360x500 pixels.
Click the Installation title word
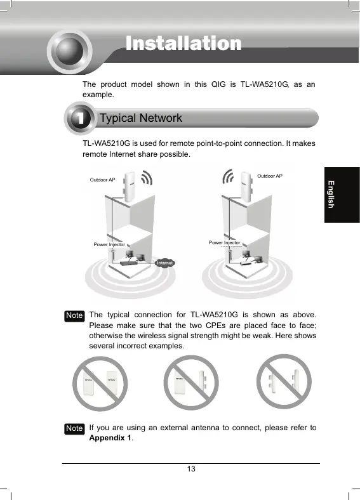click(183, 43)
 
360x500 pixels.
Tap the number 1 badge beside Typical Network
click(80, 118)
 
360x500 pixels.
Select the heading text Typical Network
click(141, 118)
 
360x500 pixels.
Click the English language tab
click(342, 195)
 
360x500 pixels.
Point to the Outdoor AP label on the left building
click(102, 180)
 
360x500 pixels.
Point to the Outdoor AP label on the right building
click(270, 176)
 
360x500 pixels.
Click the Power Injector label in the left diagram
click(109, 244)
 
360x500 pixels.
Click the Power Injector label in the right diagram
click(224, 242)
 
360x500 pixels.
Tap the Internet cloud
click(164, 263)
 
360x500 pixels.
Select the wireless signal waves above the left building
click(147, 177)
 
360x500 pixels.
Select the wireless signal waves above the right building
click(228, 176)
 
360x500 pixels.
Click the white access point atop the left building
click(130, 187)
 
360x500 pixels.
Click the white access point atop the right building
click(246, 187)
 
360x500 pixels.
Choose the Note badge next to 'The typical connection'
click(74, 316)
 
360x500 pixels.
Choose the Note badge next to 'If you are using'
click(74, 428)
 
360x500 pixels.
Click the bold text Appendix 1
click(110, 438)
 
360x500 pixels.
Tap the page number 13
click(191, 469)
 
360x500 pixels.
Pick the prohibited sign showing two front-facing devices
click(100, 384)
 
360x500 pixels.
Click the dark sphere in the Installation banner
click(70, 51)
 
